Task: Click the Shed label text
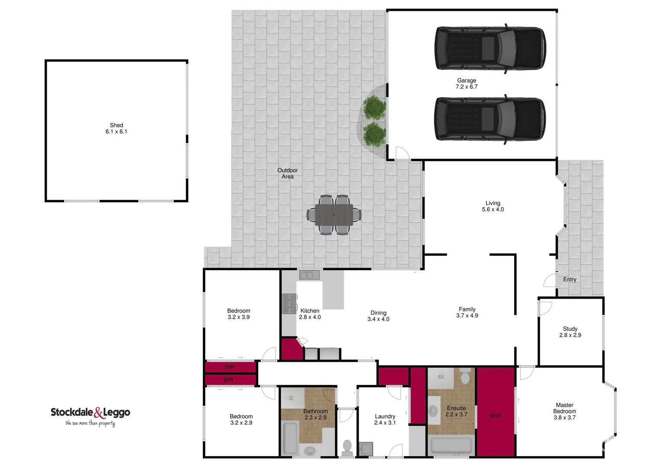[116, 128]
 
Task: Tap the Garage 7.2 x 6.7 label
[466, 83]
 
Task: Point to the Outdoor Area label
[288, 173]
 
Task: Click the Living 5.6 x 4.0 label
[493, 206]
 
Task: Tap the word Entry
[570, 279]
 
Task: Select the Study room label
[570, 332]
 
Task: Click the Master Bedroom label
[565, 411]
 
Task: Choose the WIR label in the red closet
[495, 416]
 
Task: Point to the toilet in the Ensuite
[465, 377]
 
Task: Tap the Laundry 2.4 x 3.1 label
[385, 419]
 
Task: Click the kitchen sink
[309, 275]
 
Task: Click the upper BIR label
[229, 367]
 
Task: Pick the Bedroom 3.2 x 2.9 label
[241, 419]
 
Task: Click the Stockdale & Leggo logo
[90, 416]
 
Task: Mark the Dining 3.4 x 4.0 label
[378, 316]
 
